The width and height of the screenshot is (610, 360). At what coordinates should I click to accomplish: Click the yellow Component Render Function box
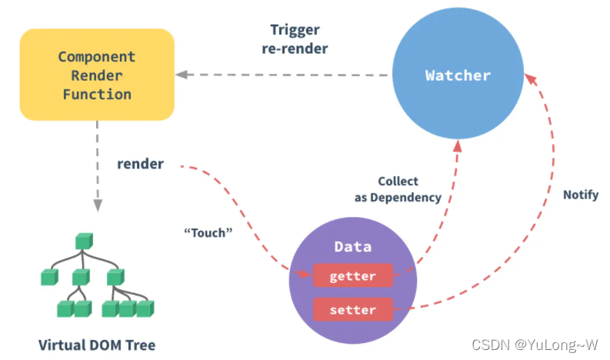pyautogui.click(x=96, y=75)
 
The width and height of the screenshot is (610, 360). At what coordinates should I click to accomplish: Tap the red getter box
pyautogui.click(x=352, y=275)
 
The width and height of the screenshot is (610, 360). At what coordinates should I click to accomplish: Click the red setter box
pyautogui.click(x=352, y=310)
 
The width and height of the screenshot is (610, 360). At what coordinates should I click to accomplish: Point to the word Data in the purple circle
pyautogui.click(x=352, y=247)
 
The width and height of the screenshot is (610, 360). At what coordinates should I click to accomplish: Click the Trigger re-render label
pyautogui.click(x=298, y=39)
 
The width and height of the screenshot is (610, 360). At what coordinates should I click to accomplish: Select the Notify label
pyautogui.click(x=580, y=195)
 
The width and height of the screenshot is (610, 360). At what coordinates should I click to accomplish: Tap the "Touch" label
pyautogui.click(x=208, y=232)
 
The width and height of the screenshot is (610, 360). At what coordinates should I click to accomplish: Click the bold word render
pyautogui.click(x=140, y=164)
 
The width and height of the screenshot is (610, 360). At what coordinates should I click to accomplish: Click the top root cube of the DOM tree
pyautogui.click(x=83, y=242)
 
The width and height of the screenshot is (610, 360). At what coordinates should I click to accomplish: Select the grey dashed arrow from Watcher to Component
pyautogui.click(x=285, y=75)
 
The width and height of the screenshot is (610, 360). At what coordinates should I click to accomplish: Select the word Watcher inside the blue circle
pyautogui.click(x=457, y=75)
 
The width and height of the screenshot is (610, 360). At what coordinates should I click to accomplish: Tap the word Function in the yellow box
pyautogui.click(x=96, y=95)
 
